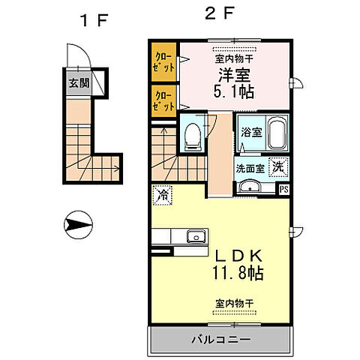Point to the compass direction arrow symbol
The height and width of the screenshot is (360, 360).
pos(78,223)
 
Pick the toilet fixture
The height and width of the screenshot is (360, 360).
pos(193,134)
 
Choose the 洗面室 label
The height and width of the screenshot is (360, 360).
pos(250,168)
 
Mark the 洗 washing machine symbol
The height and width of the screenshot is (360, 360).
pos(277,167)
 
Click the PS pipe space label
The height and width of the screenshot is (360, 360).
pos(283,189)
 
